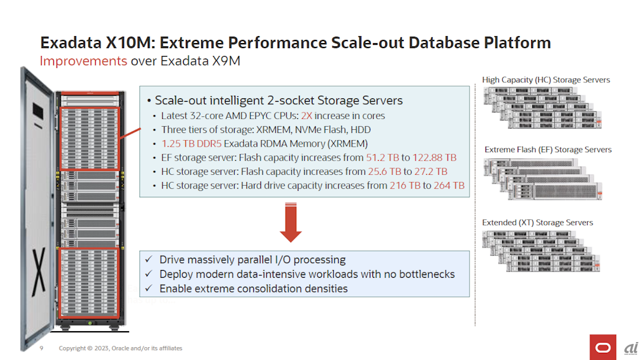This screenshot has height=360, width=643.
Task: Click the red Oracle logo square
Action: coord(603,347)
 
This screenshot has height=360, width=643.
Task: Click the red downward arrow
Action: coord(291,222)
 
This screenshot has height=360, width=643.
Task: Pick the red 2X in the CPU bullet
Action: coord(306,116)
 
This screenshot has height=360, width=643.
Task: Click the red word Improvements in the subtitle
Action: coord(83,61)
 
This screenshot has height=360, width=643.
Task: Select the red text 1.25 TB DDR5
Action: coord(192,143)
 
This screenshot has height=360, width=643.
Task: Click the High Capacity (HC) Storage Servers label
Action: coord(546,80)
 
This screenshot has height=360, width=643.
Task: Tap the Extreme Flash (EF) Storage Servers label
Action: coord(548,150)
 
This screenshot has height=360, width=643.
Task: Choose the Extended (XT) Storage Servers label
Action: coord(538,222)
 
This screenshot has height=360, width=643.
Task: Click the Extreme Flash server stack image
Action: coord(543,179)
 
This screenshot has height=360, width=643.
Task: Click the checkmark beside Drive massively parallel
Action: coord(149,259)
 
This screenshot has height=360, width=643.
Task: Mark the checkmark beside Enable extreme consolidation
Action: coord(149,288)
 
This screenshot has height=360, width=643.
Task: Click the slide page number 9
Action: coord(41,348)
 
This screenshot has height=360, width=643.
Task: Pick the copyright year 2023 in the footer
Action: coord(102,348)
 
